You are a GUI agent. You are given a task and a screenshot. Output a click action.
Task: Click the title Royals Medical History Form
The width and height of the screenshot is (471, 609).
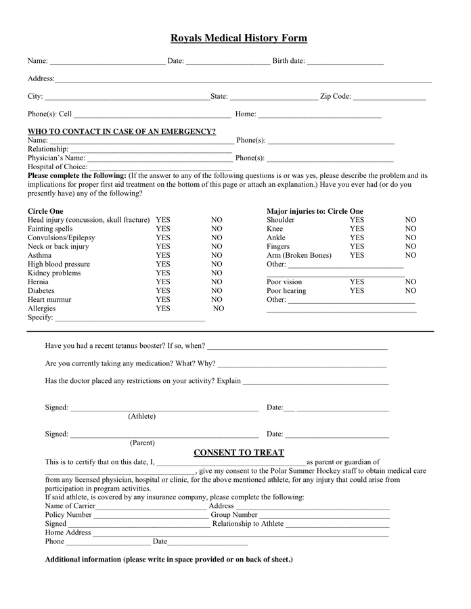pyautogui.click(x=238, y=39)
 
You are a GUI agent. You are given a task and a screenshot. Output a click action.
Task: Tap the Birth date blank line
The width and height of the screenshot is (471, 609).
pyautogui.click(x=345, y=62)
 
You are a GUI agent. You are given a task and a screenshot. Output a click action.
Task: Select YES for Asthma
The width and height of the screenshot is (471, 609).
pyautogui.click(x=163, y=256)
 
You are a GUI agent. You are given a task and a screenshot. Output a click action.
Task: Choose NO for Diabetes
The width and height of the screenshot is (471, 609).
pyautogui.click(x=217, y=291)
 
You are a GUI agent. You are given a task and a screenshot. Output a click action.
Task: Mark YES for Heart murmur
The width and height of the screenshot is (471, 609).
pyautogui.click(x=163, y=300)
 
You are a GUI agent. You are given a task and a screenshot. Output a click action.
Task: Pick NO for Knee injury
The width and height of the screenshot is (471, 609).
pyautogui.click(x=411, y=229)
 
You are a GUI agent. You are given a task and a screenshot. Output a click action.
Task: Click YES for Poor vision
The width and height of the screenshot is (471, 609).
pyautogui.click(x=357, y=282)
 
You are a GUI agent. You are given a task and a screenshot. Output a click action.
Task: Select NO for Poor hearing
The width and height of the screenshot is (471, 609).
pyautogui.click(x=411, y=291)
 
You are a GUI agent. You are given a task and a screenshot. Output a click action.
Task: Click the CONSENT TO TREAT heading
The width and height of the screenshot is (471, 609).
pyautogui.click(x=239, y=453)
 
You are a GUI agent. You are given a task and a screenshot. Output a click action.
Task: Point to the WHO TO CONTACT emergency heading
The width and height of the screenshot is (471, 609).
pyautogui.click(x=122, y=131)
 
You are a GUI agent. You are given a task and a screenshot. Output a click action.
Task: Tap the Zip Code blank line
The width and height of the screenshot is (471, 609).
pyautogui.click(x=390, y=98)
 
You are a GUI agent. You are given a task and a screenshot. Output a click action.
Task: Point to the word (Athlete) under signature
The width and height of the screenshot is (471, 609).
pyautogui.click(x=141, y=416)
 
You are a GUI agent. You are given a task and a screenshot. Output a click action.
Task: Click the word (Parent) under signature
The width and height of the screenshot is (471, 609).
pyautogui.click(x=142, y=443)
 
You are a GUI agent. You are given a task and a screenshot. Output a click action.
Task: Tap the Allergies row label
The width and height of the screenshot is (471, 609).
pyautogui.click(x=42, y=309)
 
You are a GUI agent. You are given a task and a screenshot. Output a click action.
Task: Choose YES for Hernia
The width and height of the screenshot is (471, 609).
pyautogui.click(x=163, y=282)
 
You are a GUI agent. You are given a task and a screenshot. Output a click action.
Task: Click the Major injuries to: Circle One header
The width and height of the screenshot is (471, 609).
pyautogui.click(x=315, y=211)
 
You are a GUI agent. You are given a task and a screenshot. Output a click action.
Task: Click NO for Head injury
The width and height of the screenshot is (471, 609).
pyautogui.click(x=217, y=221)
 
